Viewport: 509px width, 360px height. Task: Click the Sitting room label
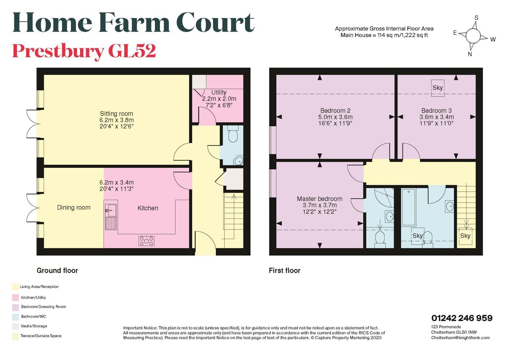point(116,114)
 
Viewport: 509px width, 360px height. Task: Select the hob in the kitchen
point(146,241)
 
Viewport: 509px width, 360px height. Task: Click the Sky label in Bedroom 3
point(438,88)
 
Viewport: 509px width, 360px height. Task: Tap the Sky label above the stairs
point(465,236)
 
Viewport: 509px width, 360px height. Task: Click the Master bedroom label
point(319,198)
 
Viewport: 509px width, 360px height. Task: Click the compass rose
point(474,36)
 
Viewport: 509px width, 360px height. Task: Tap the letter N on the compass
point(470,54)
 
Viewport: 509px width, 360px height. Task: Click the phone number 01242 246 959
point(462,318)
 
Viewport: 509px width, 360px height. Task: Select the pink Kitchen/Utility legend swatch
point(15,298)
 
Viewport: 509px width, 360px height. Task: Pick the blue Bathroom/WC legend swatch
point(15,316)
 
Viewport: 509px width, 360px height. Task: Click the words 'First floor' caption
point(285,271)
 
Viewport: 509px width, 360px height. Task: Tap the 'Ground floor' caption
point(57,271)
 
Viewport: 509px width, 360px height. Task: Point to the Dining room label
point(74,207)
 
